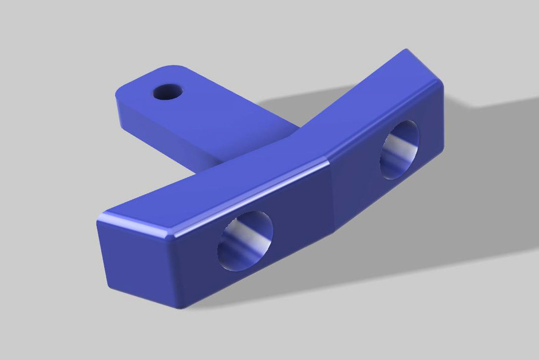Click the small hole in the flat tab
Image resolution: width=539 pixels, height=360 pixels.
167,92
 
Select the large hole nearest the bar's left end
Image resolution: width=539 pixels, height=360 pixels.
245,241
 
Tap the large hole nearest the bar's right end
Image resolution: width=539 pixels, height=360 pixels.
400,149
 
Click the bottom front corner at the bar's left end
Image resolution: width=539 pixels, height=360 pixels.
179,307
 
